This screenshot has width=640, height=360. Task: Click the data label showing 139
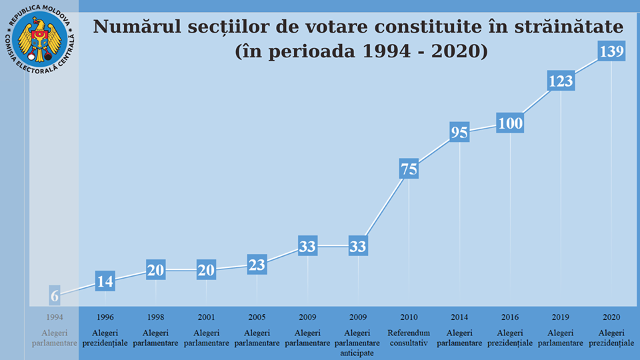click(x=611, y=51)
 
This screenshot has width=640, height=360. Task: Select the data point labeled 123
click(x=561, y=81)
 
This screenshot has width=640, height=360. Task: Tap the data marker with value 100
click(x=510, y=123)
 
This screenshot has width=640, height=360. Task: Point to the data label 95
click(x=459, y=132)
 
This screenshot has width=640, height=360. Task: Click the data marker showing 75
click(x=409, y=169)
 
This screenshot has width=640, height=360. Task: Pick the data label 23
click(x=257, y=264)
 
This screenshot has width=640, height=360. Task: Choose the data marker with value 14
click(x=105, y=281)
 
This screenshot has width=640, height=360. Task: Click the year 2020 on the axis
click(x=611, y=317)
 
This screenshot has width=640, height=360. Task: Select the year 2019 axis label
click(x=561, y=317)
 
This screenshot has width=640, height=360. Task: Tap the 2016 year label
click(x=510, y=317)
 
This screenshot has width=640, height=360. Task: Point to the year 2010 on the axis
click(x=409, y=317)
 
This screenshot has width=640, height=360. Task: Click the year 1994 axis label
click(x=55, y=317)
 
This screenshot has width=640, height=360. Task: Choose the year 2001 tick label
click(x=206, y=317)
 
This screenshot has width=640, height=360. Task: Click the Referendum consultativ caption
click(x=409, y=337)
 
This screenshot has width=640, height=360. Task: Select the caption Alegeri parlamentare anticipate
click(x=358, y=343)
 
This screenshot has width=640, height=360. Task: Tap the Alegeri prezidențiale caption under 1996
click(x=105, y=337)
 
